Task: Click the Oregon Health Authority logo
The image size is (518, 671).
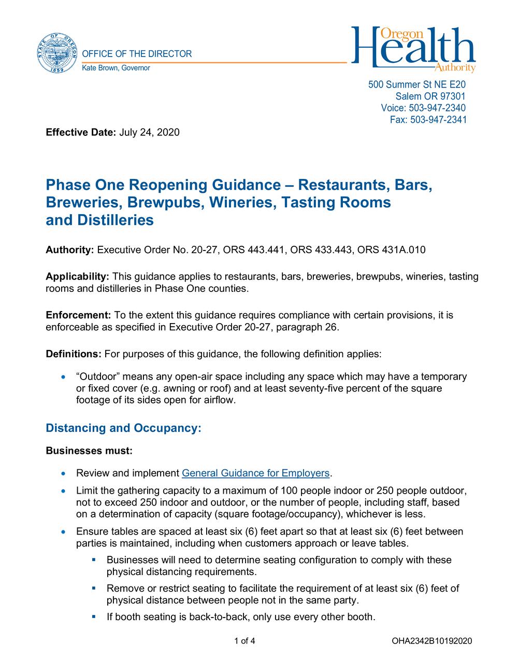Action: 413,49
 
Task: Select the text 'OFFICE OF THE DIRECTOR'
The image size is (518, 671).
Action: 137,54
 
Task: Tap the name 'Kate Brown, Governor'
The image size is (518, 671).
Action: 117,68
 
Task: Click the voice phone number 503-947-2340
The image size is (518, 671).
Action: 437,108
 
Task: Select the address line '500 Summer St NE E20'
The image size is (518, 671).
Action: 417,84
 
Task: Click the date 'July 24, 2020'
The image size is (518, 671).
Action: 149,132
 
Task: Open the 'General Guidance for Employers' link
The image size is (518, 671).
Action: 256,473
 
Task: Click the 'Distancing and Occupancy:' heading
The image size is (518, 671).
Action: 123,428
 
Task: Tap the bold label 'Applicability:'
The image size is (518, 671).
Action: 78,276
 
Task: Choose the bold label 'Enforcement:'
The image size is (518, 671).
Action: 79,315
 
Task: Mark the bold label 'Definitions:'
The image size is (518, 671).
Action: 74,354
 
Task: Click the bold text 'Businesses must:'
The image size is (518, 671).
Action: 89,451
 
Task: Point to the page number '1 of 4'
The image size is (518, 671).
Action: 244,641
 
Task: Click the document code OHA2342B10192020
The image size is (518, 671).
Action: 432,641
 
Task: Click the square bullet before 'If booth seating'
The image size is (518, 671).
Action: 94,617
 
